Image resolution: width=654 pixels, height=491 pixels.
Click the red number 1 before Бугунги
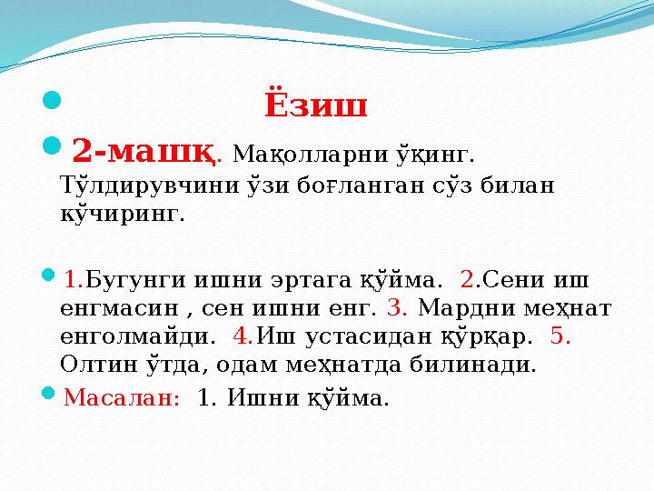[74, 276]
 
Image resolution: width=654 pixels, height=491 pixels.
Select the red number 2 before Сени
[467, 276]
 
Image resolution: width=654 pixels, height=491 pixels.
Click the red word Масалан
[122, 397]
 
